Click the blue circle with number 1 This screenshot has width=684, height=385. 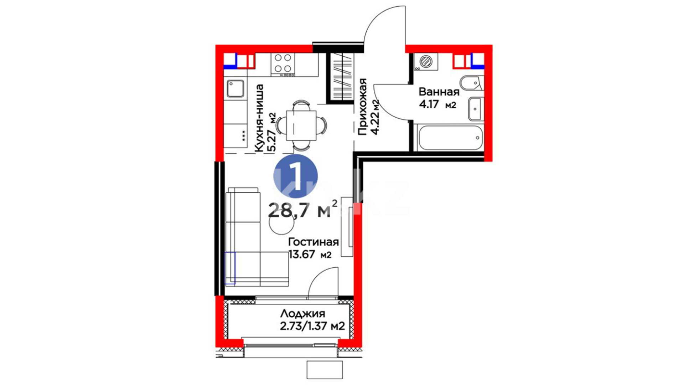coord(295,176)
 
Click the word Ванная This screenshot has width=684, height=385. coord(439,92)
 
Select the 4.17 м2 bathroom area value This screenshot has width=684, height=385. coord(437,105)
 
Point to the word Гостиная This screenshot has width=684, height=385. coord(313,242)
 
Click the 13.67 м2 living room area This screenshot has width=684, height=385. coord(310,255)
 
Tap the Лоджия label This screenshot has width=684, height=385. coord(302,314)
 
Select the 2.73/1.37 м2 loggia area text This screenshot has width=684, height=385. coord(312,326)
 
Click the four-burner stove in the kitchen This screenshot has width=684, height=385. coord(283,64)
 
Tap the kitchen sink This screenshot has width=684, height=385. coord(235,89)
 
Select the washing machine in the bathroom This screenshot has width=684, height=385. coord(426,62)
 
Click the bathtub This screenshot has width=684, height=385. coord(451,138)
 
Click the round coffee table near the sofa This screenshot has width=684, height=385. coord(281,224)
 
